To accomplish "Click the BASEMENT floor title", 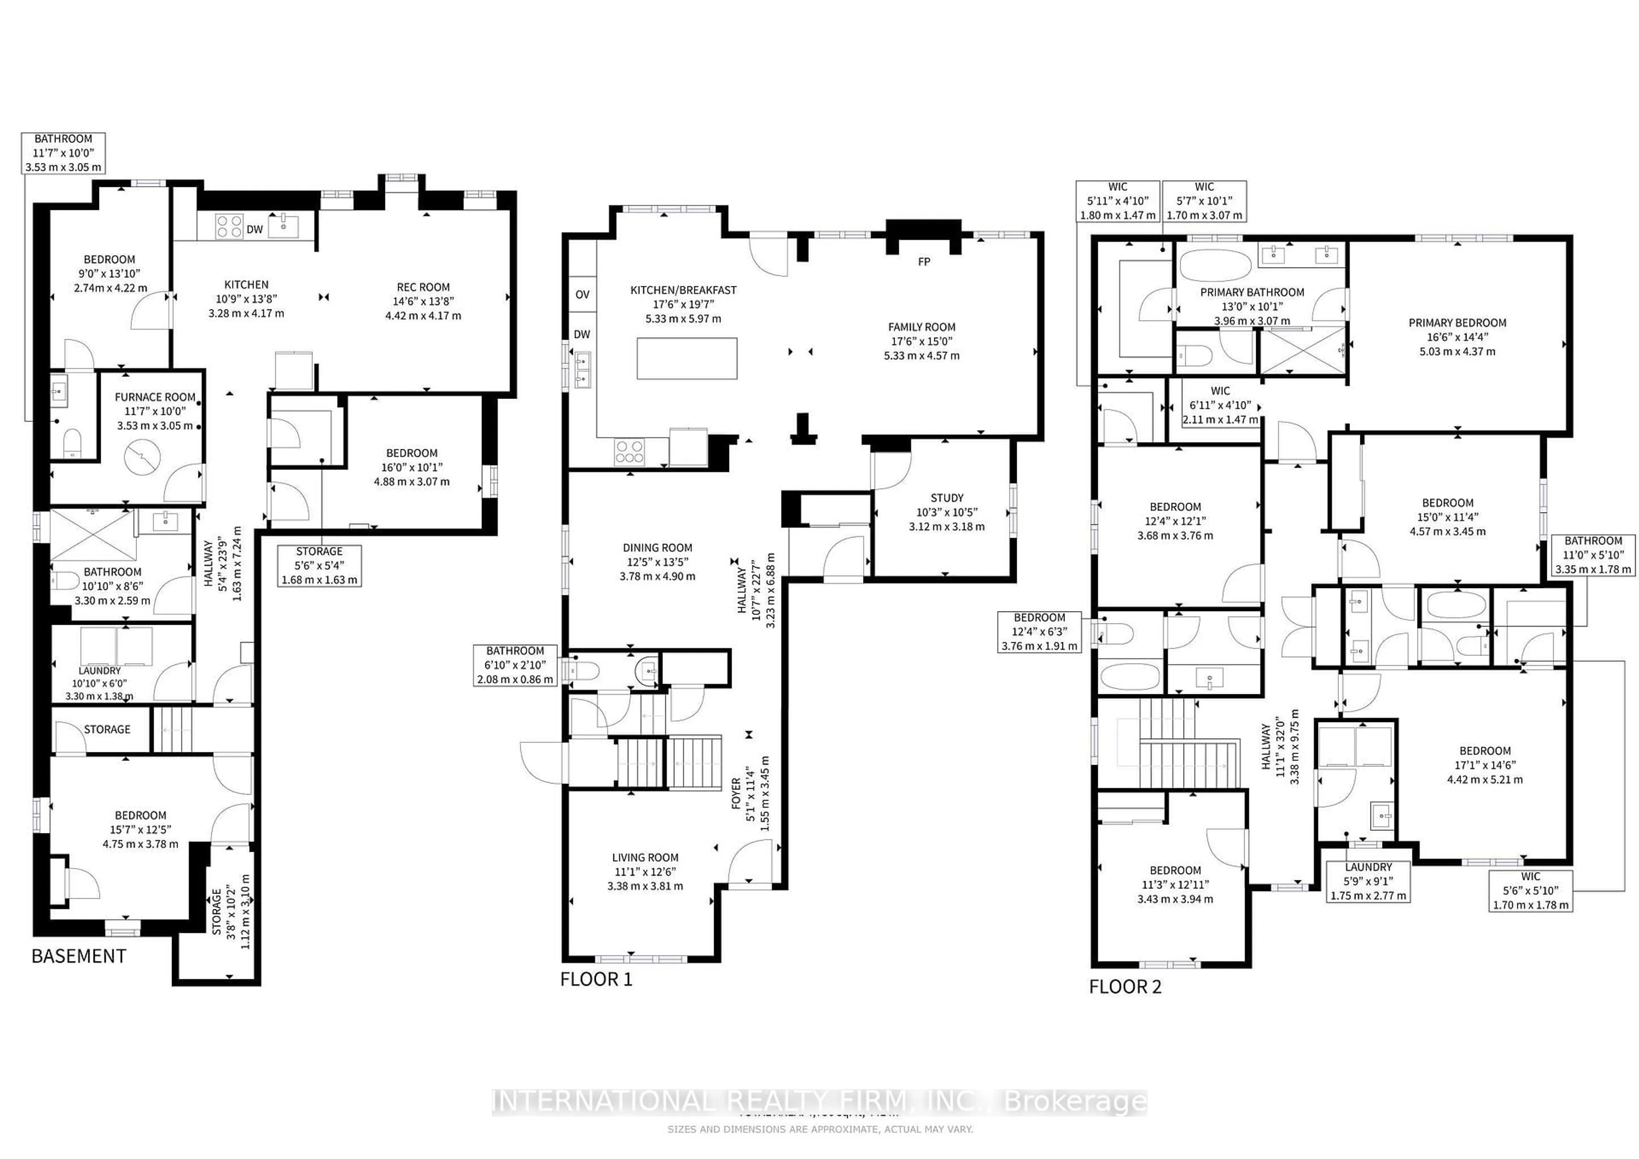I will [x=79, y=956].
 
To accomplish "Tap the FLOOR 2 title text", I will [x=1125, y=987].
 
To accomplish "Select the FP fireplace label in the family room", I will [x=924, y=262].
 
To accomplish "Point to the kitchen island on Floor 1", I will [x=687, y=358].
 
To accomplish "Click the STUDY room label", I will [x=947, y=498].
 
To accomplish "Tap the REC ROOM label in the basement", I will [x=423, y=287].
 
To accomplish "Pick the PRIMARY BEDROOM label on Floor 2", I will [x=1457, y=323].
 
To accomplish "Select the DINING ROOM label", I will [x=657, y=547].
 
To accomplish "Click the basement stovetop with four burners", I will [x=229, y=226].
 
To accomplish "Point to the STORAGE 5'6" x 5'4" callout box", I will [x=319, y=566].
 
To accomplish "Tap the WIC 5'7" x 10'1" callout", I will [x=1204, y=201].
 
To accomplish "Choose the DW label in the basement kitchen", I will [x=255, y=230].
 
